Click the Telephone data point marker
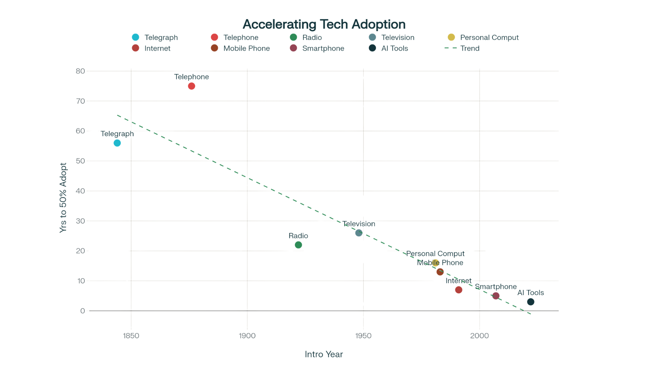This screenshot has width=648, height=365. pyautogui.click(x=191, y=86)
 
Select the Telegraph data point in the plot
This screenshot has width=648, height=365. pyautogui.click(x=117, y=143)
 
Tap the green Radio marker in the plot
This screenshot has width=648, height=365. pyautogui.click(x=298, y=245)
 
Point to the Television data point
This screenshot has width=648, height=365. pyautogui.click(x=359, y=233)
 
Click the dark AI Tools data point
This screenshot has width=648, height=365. pyautogui.click(x=531, y=302)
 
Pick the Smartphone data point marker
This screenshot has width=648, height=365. pyautogui.click(x=496, y=296)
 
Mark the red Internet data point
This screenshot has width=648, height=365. pyautogui.click(x=458, y=290)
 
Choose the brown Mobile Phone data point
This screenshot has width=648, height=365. pyautogui.click(x=440, y=272)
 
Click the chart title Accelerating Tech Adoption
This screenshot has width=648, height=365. pyautogui.click(x=324, y=24)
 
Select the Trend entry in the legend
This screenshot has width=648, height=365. pyautogui.click(x=469, y=48)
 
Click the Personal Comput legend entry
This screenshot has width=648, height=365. pyautogui.click(x=489, y=38)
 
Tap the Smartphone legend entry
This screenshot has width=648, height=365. pyautogui.click(x=323, y=48)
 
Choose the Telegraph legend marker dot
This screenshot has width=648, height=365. pyautogui.click(x=135, y=37)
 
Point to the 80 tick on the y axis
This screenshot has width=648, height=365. pyautogui.click(x=80, y=71)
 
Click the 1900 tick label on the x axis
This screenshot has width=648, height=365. pyautogui.click(x=247, y=336)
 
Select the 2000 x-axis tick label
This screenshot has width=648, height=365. pyautogui.click(x=479, y=336)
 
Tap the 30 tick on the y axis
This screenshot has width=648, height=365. pyautogui.click(x=80, y=221)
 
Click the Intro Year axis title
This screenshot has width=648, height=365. pyautogui.click(x=324, y=354)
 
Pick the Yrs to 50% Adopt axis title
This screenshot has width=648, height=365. pyautogui.click(x=63, y=198)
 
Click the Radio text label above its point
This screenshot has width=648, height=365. pyautogui.click(x=298, y=236)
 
